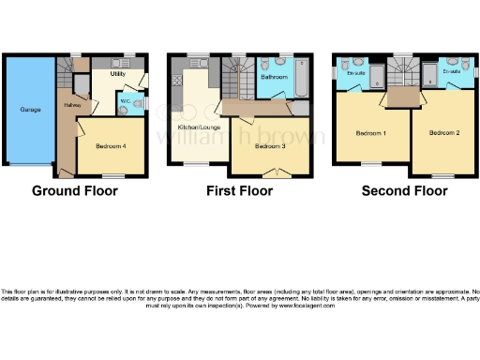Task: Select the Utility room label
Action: tap(118, 72)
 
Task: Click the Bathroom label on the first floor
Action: tap(274, 79)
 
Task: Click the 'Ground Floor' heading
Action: tap(75, 191)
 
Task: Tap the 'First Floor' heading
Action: tap(240, 191)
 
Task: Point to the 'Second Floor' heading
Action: tap(404, 191)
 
